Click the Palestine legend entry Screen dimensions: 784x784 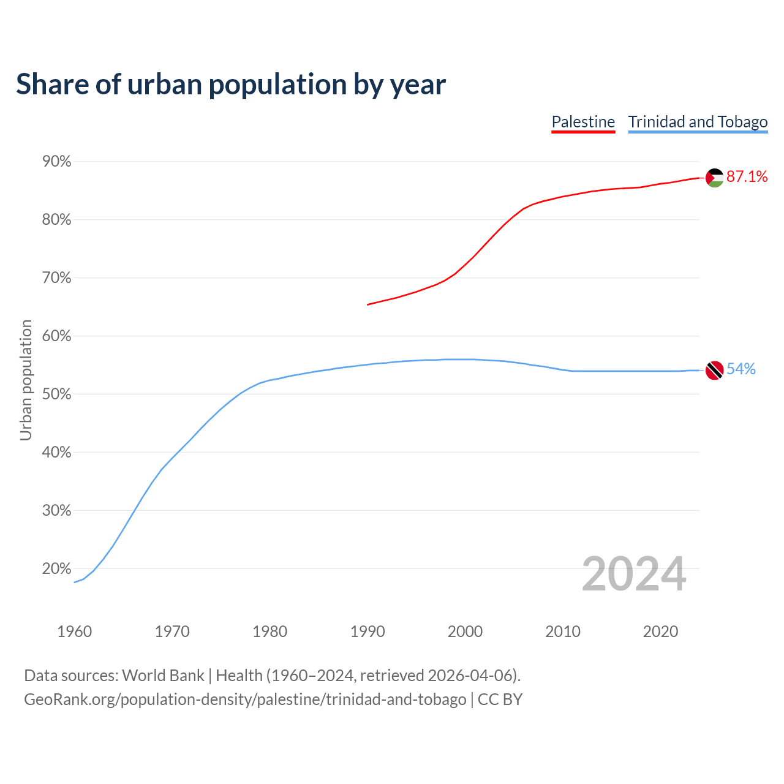583,122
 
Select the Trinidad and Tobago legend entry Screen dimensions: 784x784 698,122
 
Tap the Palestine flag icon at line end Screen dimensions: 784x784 714,178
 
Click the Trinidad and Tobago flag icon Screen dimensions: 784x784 714,370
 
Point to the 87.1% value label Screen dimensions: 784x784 747,177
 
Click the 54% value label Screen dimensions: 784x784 741,369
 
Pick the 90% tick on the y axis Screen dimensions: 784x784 57,162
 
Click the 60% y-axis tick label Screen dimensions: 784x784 57,336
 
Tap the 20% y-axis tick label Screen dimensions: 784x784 57,569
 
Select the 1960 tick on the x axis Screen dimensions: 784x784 75,631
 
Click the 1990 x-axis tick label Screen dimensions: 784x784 367,631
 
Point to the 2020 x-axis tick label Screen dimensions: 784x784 660,631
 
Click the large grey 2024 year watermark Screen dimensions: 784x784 634,574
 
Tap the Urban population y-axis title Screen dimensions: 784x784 26,380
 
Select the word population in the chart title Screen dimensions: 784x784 277,85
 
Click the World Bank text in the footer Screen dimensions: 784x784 163,676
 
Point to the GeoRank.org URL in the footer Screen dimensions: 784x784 245,699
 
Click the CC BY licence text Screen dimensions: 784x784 500,699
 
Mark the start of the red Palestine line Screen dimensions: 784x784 367,304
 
